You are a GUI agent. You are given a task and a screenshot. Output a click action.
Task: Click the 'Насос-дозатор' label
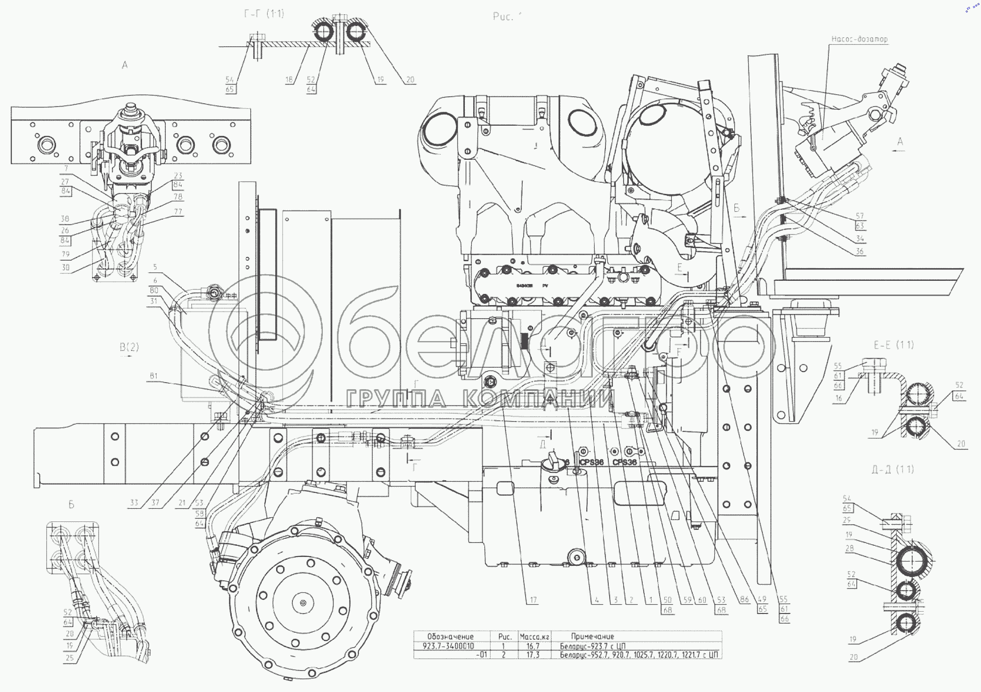coord(859,39)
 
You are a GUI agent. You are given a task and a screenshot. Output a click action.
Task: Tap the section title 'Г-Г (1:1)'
coord(264,14)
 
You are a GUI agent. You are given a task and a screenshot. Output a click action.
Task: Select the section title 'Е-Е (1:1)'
coord(893,345)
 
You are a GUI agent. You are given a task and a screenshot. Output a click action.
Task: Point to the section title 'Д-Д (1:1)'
coord(892,469)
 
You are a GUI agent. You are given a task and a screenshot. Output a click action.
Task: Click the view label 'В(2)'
coord(129,347)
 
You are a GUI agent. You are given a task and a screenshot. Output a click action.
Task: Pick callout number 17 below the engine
coord(533,600)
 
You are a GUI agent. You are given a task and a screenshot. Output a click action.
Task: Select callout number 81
coord(154,376)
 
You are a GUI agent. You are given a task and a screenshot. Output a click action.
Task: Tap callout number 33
coord(134,503)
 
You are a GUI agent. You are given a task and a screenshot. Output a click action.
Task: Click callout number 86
coord(744,600)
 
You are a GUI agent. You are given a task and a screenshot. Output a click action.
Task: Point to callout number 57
coord(860,216)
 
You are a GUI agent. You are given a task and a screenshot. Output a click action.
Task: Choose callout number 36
coord(860,251)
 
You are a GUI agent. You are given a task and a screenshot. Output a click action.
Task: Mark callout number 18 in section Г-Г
coord(289,79)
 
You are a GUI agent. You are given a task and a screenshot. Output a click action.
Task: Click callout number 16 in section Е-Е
coord(839,399)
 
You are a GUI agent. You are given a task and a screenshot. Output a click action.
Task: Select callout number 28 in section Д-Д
coord(849,549)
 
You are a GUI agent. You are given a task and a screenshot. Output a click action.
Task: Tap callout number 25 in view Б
coord(70,658)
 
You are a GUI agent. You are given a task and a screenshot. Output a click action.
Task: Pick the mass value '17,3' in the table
coord(533,655)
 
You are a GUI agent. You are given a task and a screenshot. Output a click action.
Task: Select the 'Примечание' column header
coord(592,636)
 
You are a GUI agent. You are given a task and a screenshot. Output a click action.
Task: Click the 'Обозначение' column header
coord(450,636)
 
